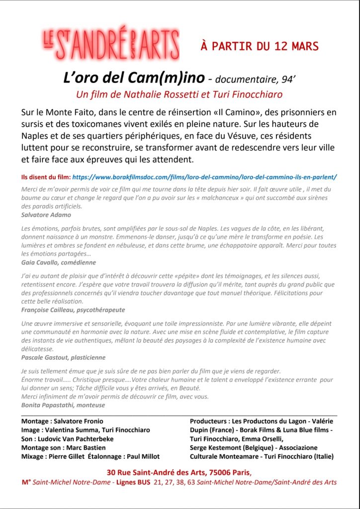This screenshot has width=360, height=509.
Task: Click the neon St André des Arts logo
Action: pos(110,44)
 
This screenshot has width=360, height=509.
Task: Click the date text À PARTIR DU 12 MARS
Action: pos(259,47)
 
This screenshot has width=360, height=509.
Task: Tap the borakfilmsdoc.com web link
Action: pos(205,177)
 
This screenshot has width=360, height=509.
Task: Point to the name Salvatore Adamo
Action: pos(46,215)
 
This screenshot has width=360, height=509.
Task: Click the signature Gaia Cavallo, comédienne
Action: pos(59,262)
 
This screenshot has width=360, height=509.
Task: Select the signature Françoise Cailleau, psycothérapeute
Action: pos(73,309)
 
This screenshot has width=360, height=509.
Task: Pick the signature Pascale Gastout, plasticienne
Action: pos(63,357)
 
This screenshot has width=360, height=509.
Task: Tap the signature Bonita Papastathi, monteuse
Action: pos(63,405)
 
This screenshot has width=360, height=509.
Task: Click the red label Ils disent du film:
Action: pos(46,177)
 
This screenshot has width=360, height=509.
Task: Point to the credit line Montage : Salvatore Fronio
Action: pos(62,421)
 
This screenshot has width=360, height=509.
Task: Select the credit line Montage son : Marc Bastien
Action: pos(63,448)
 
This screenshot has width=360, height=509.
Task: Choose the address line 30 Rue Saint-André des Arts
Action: pos(180,472)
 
